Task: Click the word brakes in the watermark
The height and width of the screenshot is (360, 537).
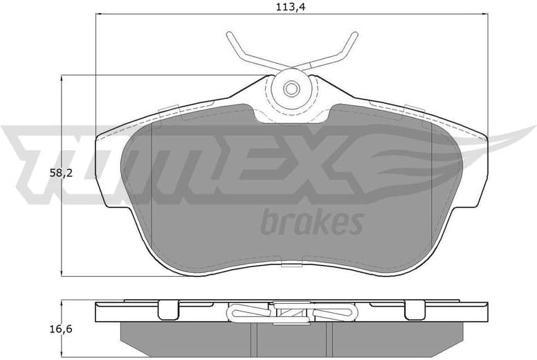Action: (311, 223)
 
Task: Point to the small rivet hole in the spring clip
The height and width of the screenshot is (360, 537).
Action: (291, 88)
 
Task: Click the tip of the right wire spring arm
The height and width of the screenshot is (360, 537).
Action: (355, 35)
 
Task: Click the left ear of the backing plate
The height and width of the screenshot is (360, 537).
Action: (107, 166)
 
